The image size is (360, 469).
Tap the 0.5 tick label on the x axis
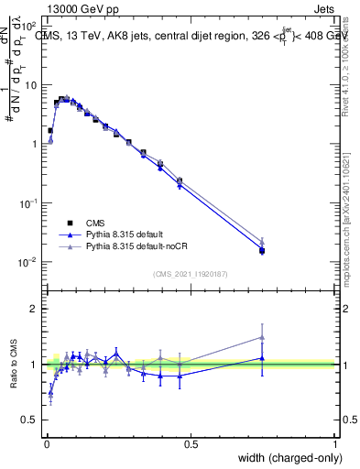coord(191,443)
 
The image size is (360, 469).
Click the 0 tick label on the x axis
coord(46,443)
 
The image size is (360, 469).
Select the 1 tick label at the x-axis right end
coord(334,443)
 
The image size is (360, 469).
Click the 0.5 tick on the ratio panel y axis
coord(29,420)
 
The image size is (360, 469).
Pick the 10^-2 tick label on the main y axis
coord(27,262)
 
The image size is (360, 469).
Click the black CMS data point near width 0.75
coord(262,250)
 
